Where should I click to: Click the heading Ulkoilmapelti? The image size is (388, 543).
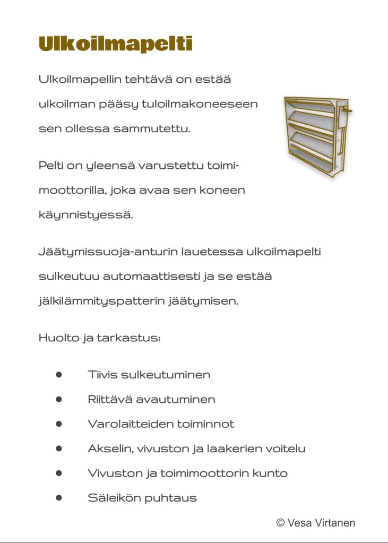coord(115,44)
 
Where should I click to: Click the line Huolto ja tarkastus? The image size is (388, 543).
coord(99,338)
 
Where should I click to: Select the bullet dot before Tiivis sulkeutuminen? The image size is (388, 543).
coord(59,375)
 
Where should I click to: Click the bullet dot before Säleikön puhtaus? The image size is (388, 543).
coord(59,498)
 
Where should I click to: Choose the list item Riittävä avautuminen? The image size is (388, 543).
coord(151,399)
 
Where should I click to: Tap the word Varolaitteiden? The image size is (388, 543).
coord(125,424)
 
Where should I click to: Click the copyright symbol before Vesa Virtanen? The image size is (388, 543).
coord(280,523)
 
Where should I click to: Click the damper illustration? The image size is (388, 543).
coord(316,136)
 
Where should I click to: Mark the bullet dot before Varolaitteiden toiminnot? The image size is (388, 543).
coord(59,424)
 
